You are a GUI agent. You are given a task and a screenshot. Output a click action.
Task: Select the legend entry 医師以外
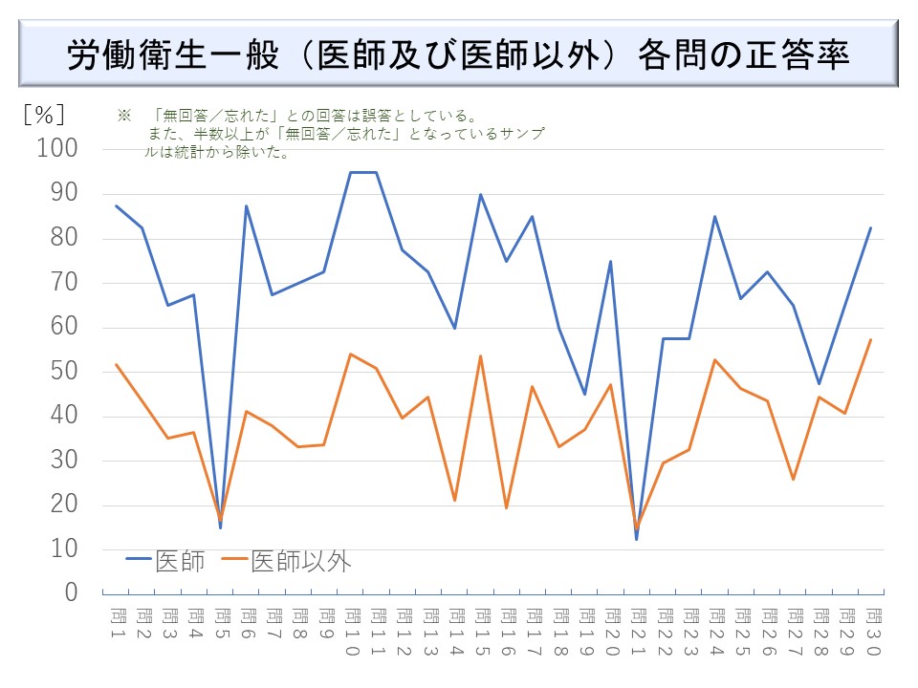286,561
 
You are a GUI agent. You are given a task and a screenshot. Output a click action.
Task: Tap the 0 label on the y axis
71,593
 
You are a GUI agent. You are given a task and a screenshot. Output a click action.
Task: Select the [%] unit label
43,114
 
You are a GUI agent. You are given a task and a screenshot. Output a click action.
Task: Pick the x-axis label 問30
870,630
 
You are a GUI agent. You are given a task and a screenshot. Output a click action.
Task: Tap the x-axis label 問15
481,630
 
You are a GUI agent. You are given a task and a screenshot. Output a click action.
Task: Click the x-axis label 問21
637,630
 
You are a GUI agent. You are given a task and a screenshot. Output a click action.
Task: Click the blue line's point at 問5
221,527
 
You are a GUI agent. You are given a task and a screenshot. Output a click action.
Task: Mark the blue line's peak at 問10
350,172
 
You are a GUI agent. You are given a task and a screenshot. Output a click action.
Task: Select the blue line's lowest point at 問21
636,539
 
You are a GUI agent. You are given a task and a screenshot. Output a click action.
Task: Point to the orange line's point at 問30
870,339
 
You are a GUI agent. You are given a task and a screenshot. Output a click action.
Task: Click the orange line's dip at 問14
454,500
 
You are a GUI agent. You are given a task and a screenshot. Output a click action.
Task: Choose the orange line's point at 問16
506,507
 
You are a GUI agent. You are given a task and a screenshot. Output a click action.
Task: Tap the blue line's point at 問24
714,217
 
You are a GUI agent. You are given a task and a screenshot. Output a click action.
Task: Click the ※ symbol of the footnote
122,115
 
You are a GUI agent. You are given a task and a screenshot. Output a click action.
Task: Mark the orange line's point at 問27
792,479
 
